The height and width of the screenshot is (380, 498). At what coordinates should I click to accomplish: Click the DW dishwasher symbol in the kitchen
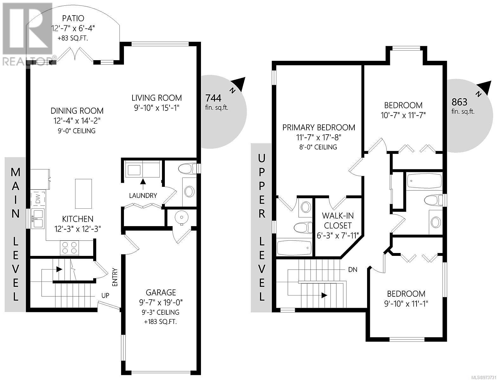tap(38, 198)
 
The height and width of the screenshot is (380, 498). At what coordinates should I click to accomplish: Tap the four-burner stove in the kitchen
tap(69, 248)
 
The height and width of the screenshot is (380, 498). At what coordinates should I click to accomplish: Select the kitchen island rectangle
tap(84, 194)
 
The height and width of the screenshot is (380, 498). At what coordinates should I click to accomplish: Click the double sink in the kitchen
tap(38, 219)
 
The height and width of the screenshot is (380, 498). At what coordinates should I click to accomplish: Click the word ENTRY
tap(115, 277)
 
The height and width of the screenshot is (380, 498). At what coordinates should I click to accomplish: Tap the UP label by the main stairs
tap(105, 295)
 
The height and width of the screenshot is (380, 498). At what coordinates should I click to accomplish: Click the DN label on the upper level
tap(352, 270)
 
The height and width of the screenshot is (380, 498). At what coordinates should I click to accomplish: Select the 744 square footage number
tap(213, 98)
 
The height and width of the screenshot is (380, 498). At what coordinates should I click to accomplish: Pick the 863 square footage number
tap(459, 102)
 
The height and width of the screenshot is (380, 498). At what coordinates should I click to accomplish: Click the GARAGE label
tap(161, 293)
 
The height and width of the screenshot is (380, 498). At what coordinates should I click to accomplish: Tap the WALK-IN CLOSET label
tap(338, 220)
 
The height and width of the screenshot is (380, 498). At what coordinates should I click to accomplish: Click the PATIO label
tap(73, 18)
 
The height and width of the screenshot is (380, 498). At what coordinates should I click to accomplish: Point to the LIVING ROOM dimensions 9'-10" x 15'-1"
tap(157, 108)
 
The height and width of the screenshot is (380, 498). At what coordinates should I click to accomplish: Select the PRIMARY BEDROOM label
tap(319, 128)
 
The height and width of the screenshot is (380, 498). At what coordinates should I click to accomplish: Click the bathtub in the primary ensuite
tap(294, 247)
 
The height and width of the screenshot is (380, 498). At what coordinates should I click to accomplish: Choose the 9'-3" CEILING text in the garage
tap(161, 312)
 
